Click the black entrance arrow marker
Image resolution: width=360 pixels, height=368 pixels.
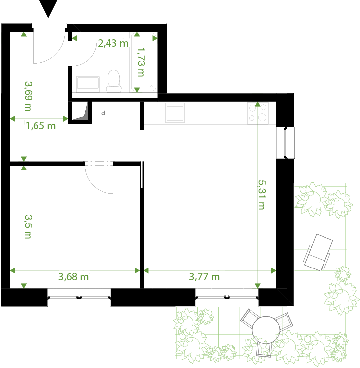click(48, 9)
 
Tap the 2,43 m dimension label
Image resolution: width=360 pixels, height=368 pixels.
click(113, 43)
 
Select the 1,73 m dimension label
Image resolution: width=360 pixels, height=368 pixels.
click(141, 62)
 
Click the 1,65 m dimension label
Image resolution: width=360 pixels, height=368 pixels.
click(40, 126)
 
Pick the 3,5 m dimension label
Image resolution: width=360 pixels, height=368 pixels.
click(28, 226)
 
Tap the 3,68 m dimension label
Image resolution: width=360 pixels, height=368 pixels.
click(73, 277)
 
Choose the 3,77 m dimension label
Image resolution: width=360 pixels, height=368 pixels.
click(205, 277)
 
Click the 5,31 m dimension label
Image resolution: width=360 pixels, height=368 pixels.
click(261, 194)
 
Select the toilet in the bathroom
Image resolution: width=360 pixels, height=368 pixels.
click(114, 81)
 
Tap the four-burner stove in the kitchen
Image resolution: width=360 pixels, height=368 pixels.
click(257, 112)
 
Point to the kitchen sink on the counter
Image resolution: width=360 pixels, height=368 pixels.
click(175, 113)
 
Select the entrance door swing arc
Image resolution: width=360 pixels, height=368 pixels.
click(49, 46)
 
